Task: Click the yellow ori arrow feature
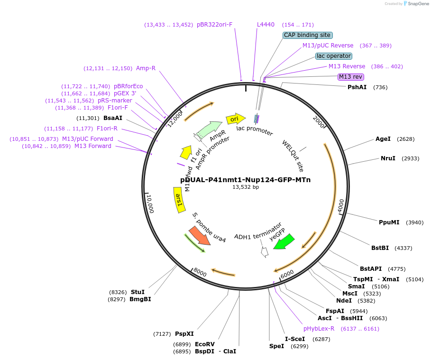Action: (x=235, y=119)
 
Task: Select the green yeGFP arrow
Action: (x=284, y=241)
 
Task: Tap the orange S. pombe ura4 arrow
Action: (x=199, y=236)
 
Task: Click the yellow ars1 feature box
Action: (x=179, y=199)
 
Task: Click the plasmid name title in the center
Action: (x=245, y=180)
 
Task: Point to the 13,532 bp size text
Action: (x=245, y=187)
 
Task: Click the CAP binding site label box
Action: (x=308, y=35)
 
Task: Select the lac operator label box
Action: (x=334, y=56)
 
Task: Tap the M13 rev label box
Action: (x=350, y=77)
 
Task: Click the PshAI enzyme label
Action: (x=357, y=87)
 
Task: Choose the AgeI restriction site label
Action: (x=383, y=139)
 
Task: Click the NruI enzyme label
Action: (x=387, y=158)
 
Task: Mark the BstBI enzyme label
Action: (x=380, y=248)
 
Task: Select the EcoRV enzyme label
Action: (x=205, y=344)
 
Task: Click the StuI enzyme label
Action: (x=138, y=292)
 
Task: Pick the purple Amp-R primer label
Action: (x=146, y=68)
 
